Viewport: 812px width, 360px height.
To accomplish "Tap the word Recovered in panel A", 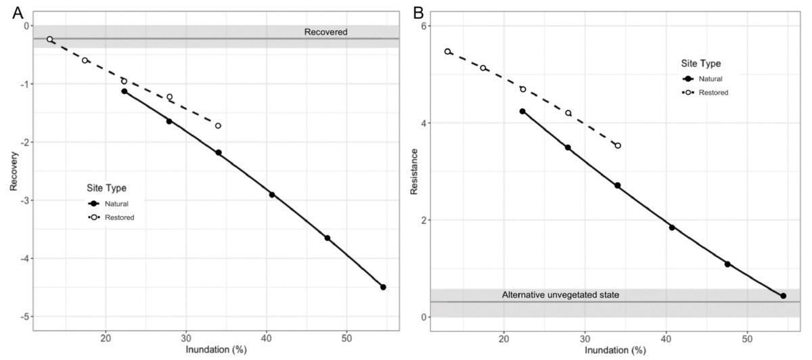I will (325, 32).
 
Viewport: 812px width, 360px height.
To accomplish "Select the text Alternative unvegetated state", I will (560, 295).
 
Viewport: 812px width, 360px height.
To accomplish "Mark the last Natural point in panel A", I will (383, 287).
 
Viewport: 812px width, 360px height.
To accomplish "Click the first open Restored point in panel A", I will (50, 39).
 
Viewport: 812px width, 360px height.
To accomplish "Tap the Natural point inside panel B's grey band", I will (783, 296).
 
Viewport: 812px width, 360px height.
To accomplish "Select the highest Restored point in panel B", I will (447, 51).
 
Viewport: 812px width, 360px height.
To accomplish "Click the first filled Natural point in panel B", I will (522, 111).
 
